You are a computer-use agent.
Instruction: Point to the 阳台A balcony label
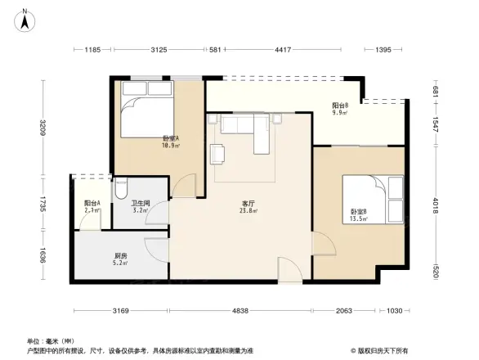[x=92, y=204]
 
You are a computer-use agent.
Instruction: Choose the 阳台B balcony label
[x=340, y=106]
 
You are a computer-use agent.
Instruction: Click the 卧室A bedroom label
[x=171, y=138]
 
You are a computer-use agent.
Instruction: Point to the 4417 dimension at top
[x=283, y=51]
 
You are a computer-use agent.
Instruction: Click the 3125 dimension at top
[x=159, y=51]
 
